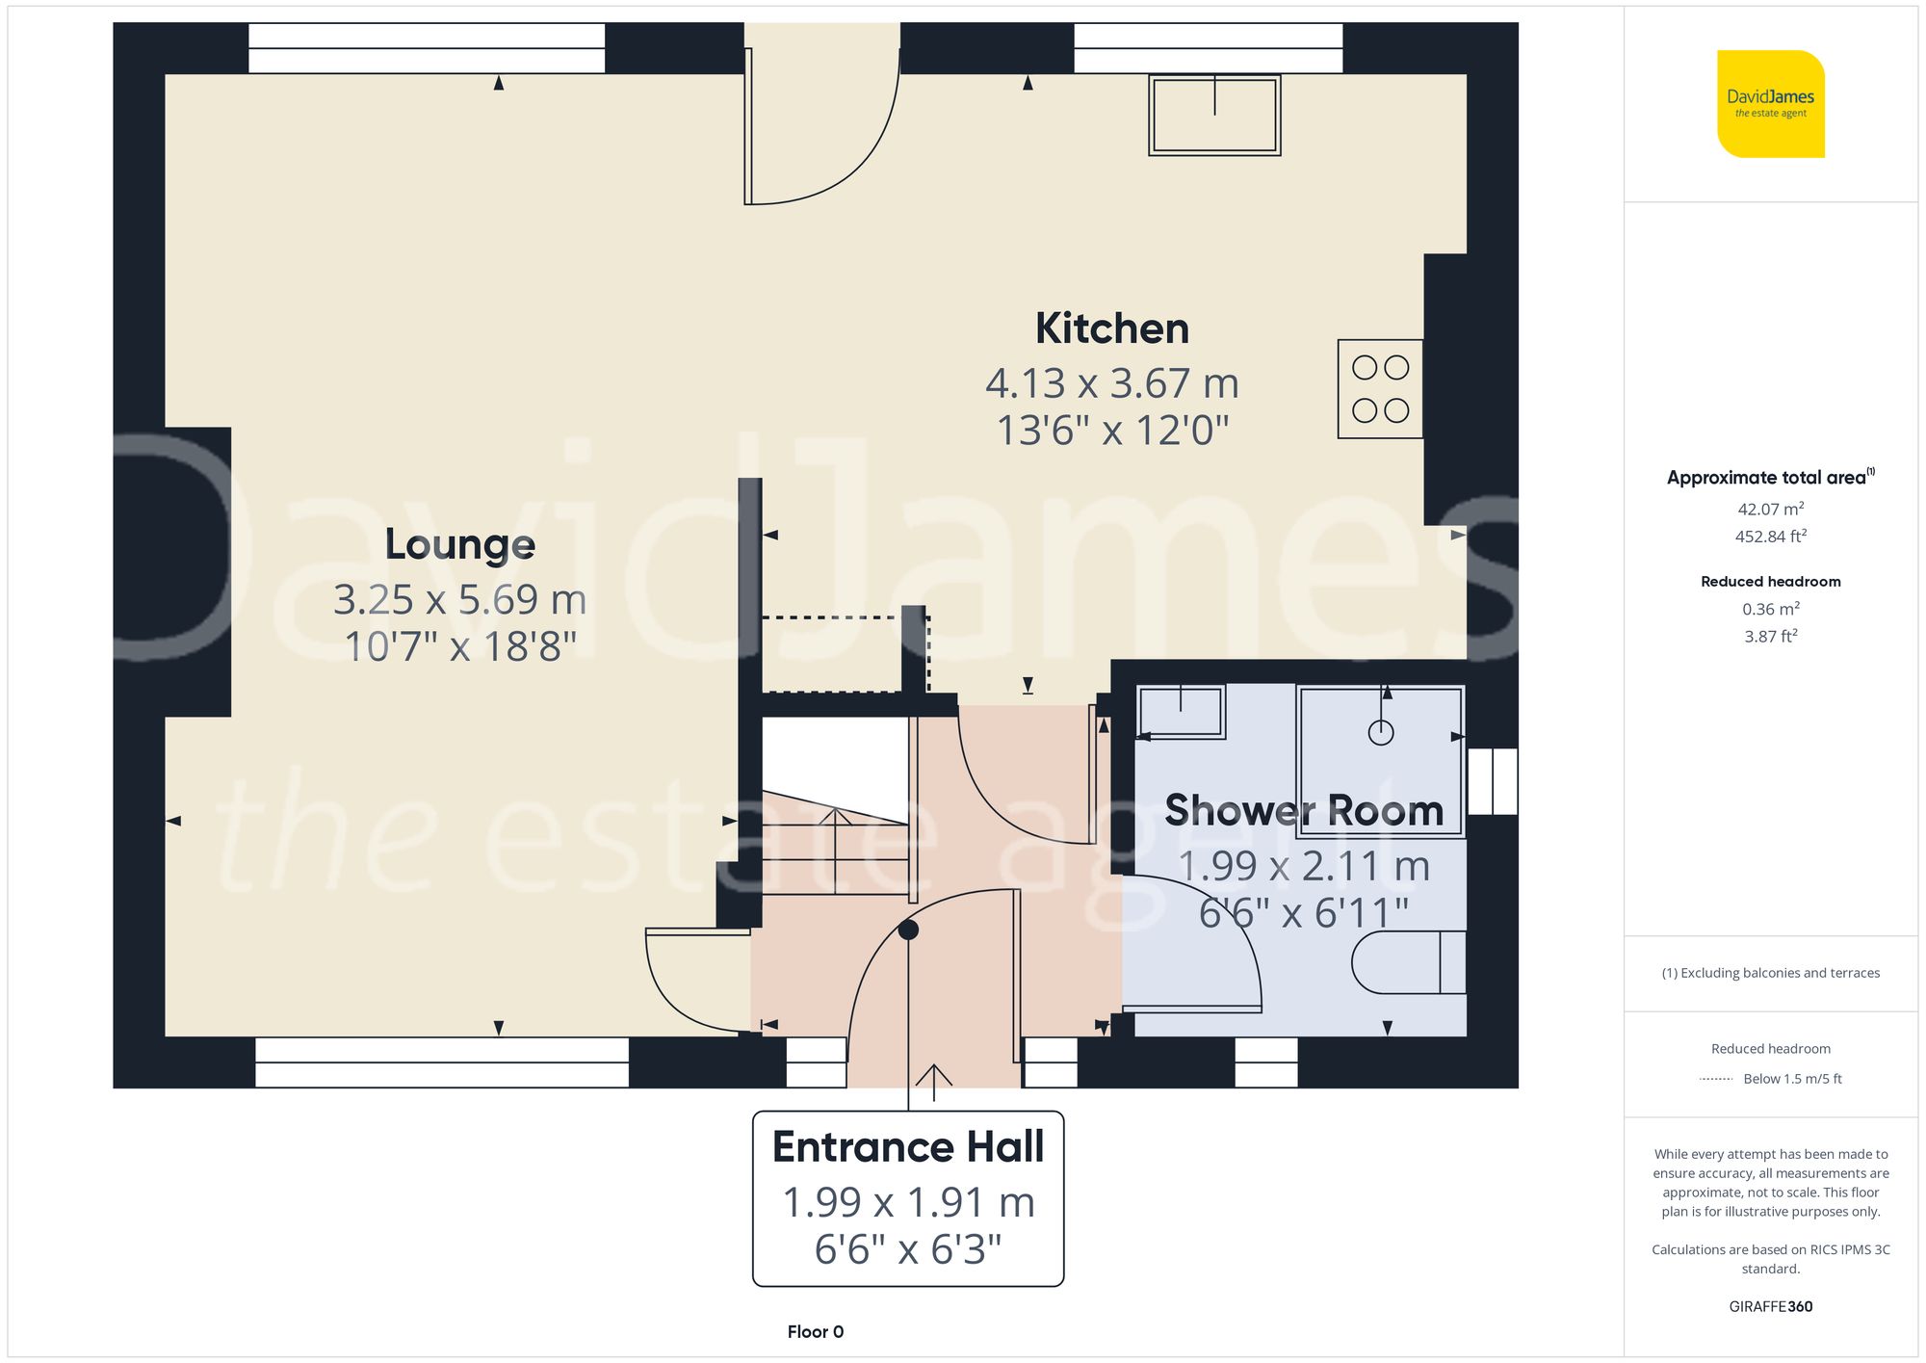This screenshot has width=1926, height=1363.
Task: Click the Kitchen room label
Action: click(x=1112, y=328)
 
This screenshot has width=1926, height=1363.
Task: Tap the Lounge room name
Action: click(x=460, y=544)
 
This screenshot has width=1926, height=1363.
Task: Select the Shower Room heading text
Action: click(x=1304, y=810)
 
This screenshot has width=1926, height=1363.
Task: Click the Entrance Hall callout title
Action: click(x=908, y=1147)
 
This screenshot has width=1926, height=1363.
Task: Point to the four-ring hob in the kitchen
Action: click(x=1380, y=389)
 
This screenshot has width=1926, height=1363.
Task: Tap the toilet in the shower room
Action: click(x=1408, y=962)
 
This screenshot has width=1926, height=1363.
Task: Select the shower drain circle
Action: click(x=1381, y=733)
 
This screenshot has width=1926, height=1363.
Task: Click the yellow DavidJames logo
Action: click(x=1770, y=104)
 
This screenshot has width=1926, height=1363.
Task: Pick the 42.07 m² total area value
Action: click(x=1770, y=509)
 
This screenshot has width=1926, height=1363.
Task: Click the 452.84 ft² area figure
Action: click(x=1770, y=537)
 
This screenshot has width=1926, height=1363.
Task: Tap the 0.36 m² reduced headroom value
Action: click(x=1770, y=609)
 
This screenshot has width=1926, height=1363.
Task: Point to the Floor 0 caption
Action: click(x=815, y=1332)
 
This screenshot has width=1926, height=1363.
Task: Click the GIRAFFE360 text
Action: click(x=1770, y=1307)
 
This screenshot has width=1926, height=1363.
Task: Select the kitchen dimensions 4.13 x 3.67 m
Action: click(x=1112, y=383)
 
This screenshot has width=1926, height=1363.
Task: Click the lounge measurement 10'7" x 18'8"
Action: click(x=460, y=646)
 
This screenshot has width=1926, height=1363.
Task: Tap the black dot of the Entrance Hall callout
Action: click(x=908, y=930)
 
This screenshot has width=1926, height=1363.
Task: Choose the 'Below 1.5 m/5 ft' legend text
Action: click(x=1791, y=1079)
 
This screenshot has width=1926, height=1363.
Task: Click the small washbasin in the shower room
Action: click(x=1181, y=712)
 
